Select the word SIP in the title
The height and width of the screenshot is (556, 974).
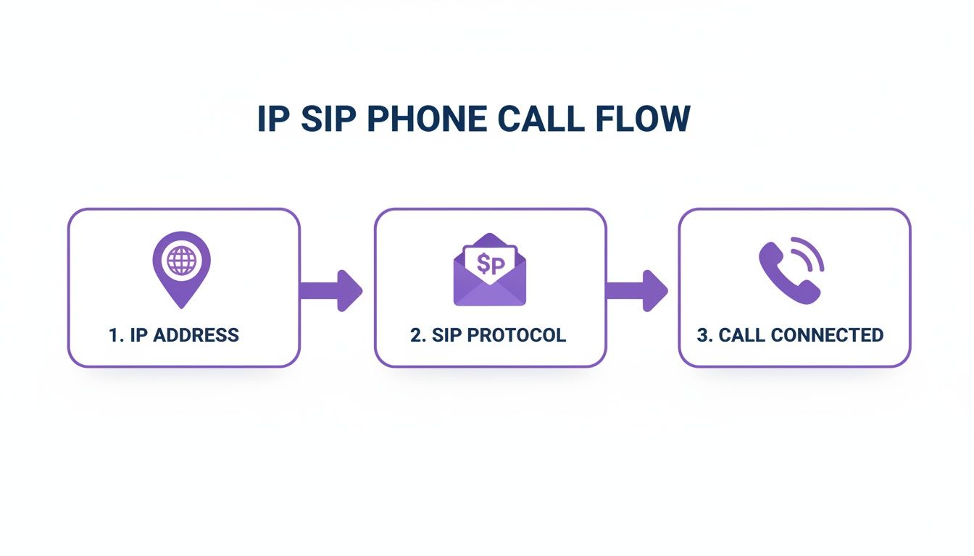point(320,119)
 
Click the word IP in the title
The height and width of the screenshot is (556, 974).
point(273,119)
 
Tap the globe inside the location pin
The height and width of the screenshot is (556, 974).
point(181,261)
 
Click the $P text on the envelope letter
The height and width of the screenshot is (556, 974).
point(490,265)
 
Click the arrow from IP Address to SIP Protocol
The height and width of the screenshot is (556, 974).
point(331,290)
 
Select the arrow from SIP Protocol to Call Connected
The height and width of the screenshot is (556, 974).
point(637,290)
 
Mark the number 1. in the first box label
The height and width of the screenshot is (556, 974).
point(116,335)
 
